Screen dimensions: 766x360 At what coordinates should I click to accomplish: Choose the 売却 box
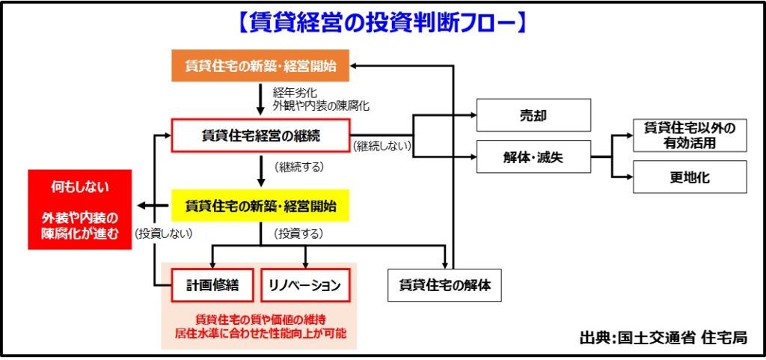point(533,115)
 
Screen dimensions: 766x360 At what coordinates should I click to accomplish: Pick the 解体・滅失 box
point(533,156)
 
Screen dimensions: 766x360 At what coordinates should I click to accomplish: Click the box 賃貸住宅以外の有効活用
point(690,135)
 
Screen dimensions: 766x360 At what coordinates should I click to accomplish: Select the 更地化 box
point(690,177)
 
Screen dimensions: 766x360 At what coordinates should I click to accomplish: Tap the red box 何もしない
point(80,210)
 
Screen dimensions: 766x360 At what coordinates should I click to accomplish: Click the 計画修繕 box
point(212,285)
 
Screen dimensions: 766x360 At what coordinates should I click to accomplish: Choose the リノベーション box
point(306,285)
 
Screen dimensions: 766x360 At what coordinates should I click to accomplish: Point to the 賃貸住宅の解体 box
point(444,284)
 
